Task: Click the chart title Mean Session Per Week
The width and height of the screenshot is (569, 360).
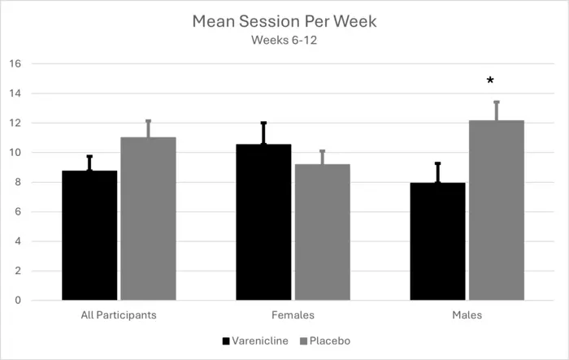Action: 284,21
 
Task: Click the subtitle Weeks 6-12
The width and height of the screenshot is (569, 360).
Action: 284,40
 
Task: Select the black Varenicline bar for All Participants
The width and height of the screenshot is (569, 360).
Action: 89,236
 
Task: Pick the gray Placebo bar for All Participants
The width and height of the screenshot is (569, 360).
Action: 148,219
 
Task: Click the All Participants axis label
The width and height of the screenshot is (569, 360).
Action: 119,314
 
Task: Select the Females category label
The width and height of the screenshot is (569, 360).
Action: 293,314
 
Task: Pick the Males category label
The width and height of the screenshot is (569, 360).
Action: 467,314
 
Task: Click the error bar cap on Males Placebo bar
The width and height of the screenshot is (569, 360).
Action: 496,102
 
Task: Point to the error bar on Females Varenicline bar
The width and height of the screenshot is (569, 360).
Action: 263,133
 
